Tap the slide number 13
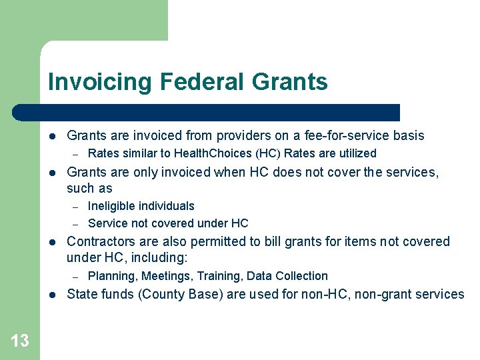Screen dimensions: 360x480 click(x=20, y=341)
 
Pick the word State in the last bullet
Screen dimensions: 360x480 click(x=81, y=294)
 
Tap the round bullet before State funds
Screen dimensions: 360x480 click(x=53, y=295)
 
